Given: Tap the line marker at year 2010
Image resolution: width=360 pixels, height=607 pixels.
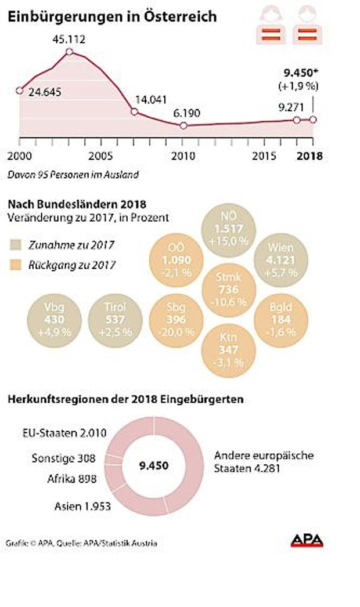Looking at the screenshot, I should [x=183, y=126].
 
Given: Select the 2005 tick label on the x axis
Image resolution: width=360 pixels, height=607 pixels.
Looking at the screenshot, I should [x=101, y=156].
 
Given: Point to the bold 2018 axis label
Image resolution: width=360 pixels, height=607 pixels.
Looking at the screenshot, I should [x=308, y=156].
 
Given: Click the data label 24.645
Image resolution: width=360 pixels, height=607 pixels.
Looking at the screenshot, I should [x=42, y=92].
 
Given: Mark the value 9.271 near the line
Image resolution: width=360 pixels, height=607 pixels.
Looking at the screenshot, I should [x=289, y=107].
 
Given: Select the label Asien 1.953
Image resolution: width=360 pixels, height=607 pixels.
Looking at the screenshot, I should [x=82, y=506].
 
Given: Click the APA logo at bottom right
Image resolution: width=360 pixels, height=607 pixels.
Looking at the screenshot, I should [x=307, y=541].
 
